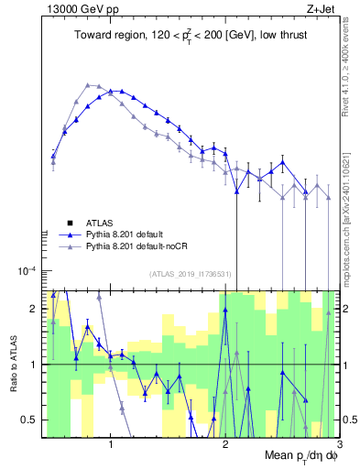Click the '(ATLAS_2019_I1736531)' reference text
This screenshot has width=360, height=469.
click(x=190, y=273)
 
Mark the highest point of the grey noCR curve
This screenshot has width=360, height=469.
click(x=88, y=84)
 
